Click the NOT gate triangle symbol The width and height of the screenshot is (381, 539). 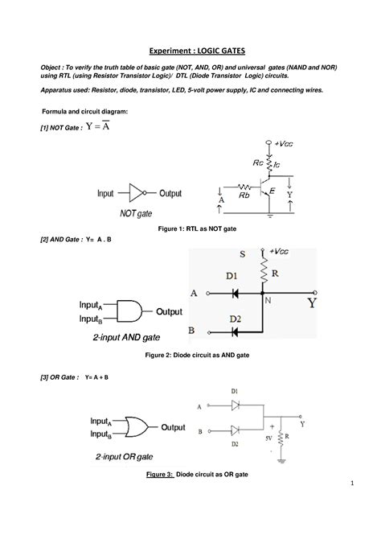[x=137, y=194]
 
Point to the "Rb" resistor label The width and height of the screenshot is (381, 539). [x=242, y=195]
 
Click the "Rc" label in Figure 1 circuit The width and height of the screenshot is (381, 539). [x=256, y=162]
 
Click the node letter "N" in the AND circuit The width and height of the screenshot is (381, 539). [x=268, y=300]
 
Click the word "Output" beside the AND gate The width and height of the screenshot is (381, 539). [x=169, y=311]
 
